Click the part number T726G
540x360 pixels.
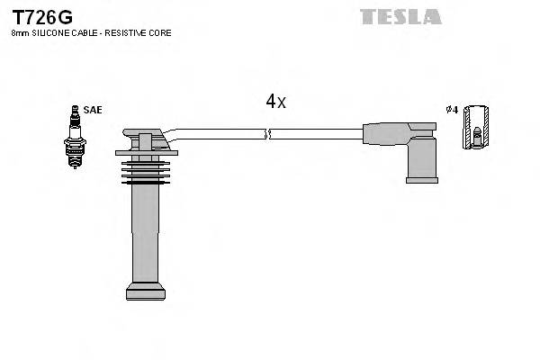(x=42, y=17)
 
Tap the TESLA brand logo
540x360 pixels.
(x=400, y=16)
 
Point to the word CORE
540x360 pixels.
(x=159, y=33)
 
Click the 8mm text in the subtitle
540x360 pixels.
(x=20, y=33)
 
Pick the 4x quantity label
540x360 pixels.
(x=275, y=102)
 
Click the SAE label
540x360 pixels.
(x=93, y=110)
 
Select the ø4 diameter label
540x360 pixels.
(x=452, y=110)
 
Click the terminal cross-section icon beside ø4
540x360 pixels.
(x=477, y=127)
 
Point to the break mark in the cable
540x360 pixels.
(x=267, y=134)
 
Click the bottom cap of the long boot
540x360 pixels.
(x=145, y=291)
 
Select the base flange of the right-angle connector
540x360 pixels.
(x=421, y=179)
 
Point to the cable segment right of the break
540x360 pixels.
(x=315, y=134)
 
